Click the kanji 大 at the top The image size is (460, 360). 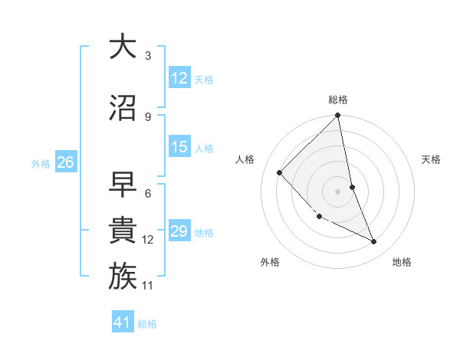point(123,47)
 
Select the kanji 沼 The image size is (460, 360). point(123,107)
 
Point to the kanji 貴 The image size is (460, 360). point(123,231)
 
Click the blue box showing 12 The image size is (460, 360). point(179,78)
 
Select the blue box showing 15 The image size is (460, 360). point(179,147)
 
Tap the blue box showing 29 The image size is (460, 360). point(179,231)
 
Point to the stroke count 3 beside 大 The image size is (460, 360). point(148,56)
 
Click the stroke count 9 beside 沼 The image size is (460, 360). point(148,116)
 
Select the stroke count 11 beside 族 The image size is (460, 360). point(148,286)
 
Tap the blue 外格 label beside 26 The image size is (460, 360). point(41,163)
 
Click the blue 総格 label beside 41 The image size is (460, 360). point(147,323)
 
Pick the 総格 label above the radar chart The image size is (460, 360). point(338,100)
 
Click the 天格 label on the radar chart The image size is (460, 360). point(431,159)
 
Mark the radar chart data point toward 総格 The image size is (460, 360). point(337,116)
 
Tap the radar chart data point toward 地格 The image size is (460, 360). point(374,242)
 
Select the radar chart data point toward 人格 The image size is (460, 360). point(280,172)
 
